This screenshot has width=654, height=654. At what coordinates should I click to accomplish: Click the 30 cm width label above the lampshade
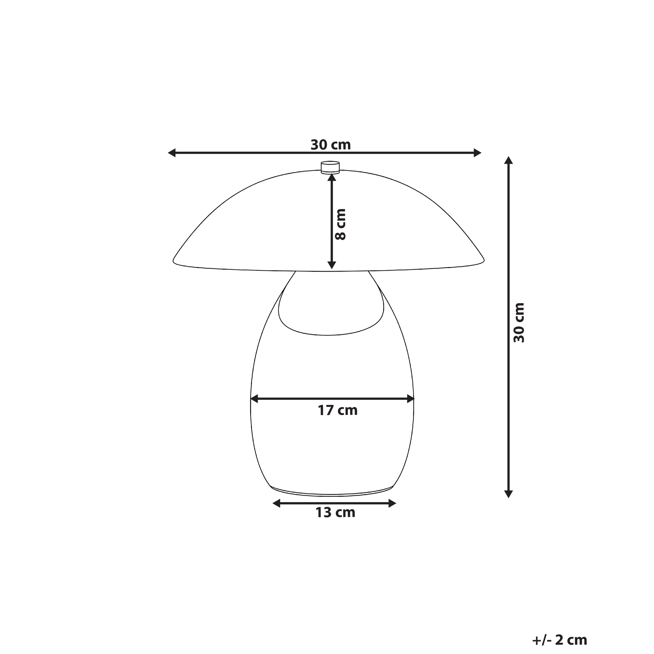(x=331, y=145)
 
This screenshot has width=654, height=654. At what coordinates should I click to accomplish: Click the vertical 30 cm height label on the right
(x=519, y=323)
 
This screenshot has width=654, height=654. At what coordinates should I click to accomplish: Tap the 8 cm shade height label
(x=340, y=225)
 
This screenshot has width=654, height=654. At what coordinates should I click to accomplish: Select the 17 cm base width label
(x=337, y=410)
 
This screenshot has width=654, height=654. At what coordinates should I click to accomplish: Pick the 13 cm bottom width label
(x=335, y=512)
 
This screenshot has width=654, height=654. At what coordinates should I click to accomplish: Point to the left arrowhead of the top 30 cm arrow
(x=172, y=153)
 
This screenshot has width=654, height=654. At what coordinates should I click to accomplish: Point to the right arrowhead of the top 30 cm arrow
(x=477, y=153)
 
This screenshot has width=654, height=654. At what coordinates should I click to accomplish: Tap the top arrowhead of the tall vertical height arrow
(x=508, y=160)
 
